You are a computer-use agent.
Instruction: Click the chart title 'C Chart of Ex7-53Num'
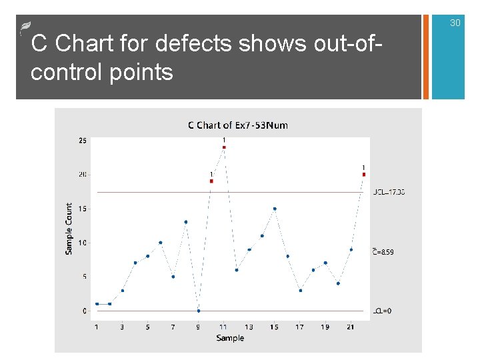(x=237, y=125)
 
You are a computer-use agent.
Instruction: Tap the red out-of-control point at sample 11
(x=224, y=147)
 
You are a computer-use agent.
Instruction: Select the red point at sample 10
(x=211, y=181)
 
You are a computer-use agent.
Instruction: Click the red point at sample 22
(x=364, y=174)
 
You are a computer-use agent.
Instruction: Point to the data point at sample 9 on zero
(x=199, y=311)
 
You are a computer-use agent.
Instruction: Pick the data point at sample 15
(x=275, y=209)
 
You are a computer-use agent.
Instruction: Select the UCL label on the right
(x=389, y=192)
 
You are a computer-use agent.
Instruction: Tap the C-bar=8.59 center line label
(x=383, y=252)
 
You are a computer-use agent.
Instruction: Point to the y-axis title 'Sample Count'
(x=69, y=229)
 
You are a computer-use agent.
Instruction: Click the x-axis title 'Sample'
(x=230, y=339)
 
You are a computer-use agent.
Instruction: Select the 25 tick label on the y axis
(x=82, y=141)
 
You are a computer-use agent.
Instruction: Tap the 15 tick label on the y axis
(x=82, y=209)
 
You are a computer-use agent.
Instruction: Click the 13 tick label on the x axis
(x=249, y=327)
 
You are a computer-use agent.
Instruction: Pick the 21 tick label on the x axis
(x=351, y=327)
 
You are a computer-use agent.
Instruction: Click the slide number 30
(x=455, y=23)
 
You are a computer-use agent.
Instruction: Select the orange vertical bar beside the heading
(x=426, y=57)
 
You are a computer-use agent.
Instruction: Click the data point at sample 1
(x=97, y=304)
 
